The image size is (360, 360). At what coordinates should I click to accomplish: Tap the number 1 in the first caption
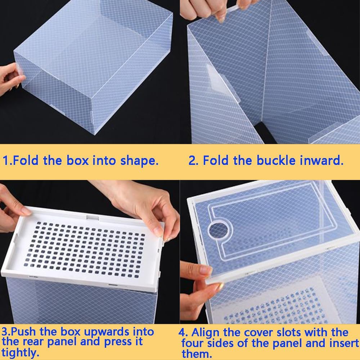pyautogui.click(x=5, y=160)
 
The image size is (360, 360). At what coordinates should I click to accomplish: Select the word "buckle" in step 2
pyautogui.click(x=276, y=160)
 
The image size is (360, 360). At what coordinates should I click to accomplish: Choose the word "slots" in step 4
pyautogui.click(x=289, y=332)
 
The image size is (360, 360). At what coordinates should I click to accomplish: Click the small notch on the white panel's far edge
pyautogui.click(x=93, y=217)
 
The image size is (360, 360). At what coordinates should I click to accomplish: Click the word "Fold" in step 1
pyautogui.click(x=26, y=160)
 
